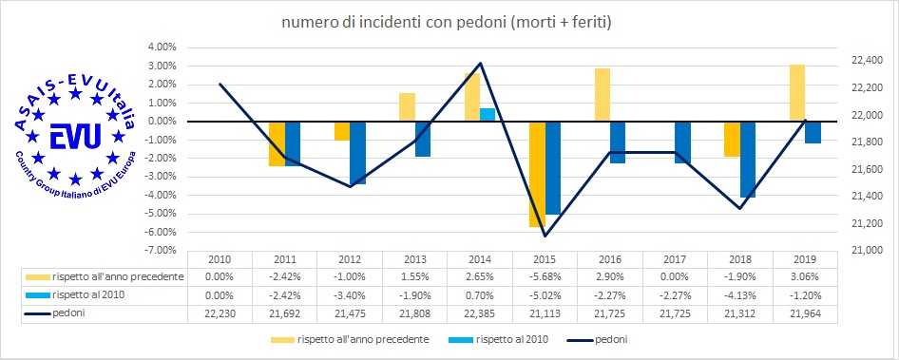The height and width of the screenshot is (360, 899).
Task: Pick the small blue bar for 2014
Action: [x=488, y=115]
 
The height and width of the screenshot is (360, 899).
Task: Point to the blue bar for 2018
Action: [x=748, y=159]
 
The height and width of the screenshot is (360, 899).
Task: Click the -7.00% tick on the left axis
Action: [x=160, y=251]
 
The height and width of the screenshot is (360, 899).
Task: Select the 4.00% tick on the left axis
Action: [x=160, y=47]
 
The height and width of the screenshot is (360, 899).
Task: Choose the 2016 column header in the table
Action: [x=610, y=259]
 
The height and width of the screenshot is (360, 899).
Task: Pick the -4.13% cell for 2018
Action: [x=740, y=294]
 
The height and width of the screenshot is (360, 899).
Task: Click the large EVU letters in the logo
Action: [x=70, y=133]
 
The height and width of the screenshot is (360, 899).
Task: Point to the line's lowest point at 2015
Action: [x=545, y=236]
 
